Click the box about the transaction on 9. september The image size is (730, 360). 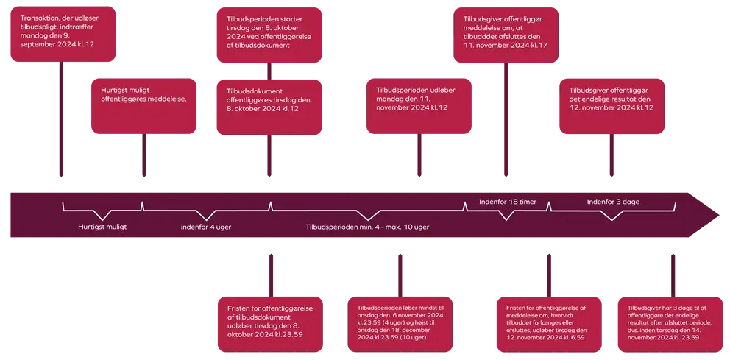[x=63, y=34]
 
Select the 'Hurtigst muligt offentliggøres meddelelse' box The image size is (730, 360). [x=143, y=106]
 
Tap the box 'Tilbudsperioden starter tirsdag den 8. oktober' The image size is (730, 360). [x=269, y=35]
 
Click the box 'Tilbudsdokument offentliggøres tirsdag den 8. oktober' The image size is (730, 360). [x=269, y=107]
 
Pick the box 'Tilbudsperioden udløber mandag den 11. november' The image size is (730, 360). [x=419, y=106]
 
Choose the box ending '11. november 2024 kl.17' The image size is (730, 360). [x=506, y=35]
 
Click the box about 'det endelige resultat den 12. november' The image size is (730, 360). [x=612, y=106]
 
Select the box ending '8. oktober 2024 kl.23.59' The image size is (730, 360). [x=271, y=324]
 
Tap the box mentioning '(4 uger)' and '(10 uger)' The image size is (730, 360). [x=400, y=324]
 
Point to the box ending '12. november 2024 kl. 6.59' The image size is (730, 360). [x=549, y=324]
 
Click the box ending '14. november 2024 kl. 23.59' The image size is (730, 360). [x=670, y=324]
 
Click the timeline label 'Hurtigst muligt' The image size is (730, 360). [x=102, y=227]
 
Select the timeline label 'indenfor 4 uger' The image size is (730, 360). [x=206, y=227]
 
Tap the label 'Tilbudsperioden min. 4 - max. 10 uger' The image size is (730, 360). [x=367, y=227]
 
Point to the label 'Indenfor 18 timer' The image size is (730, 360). [x=508, y=202]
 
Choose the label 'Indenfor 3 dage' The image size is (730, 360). [x=613, y=202]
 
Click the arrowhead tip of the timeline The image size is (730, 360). [x=719, y=215]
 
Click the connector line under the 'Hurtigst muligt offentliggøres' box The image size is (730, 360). [x=144, y=155]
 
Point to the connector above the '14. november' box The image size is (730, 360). [x=673, y=275]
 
